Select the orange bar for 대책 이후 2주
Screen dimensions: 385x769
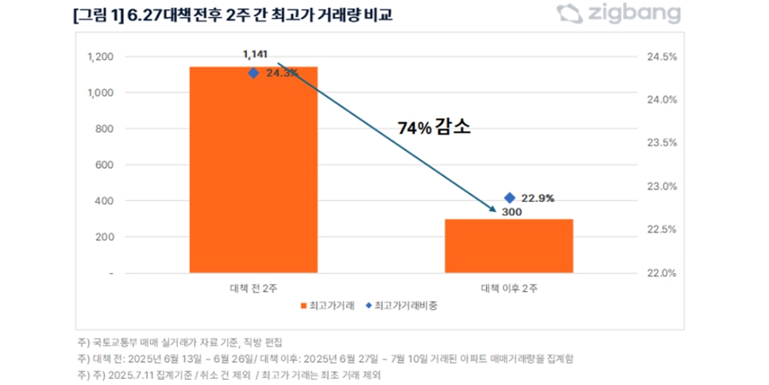508,246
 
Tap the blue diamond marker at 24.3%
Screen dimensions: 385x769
253,74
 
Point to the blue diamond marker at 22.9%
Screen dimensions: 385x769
509,198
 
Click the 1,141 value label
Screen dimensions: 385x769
255,55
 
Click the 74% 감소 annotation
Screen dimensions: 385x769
435,127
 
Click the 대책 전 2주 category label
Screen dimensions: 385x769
253,287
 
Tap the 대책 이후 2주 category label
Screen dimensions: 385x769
509,287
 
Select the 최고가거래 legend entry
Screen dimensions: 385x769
328,305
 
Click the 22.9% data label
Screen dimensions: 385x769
537,198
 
